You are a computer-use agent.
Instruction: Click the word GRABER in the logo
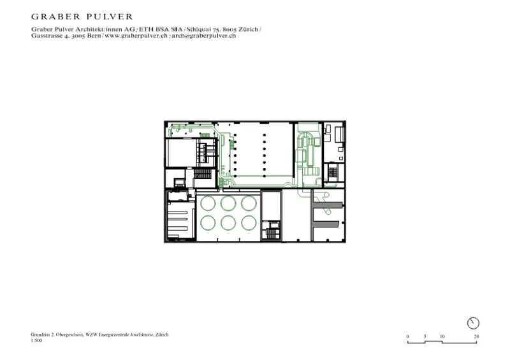55,17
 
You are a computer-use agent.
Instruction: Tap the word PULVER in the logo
110,17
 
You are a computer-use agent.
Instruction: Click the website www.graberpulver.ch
136,36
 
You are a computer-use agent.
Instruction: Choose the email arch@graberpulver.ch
203,36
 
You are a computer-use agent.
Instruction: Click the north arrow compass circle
473,323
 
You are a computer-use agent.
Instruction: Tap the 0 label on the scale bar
408,336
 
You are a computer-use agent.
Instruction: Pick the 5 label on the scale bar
425,336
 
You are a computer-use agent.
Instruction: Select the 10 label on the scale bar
442,336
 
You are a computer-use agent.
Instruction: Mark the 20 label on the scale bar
476,336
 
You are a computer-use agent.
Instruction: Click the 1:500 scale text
36,340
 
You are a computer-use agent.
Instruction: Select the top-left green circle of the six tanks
208,204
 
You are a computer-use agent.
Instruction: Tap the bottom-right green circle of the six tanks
249,223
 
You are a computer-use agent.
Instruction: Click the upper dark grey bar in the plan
327,205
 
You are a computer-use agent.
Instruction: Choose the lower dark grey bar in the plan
325,224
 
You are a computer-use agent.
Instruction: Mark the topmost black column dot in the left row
235,134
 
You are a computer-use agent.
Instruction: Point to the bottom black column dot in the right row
265,176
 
